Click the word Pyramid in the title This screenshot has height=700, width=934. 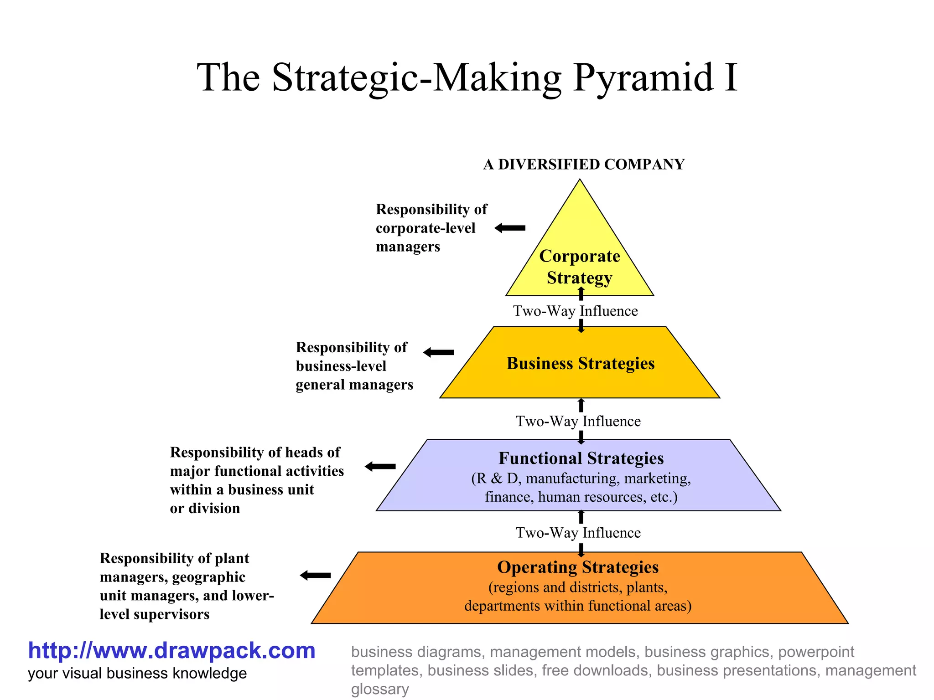tap(643, 78)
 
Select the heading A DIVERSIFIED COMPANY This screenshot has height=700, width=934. tap(584, 165)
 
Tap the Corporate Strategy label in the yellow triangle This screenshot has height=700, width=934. tap(580, 267)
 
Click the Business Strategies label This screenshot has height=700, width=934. tap(581, 364)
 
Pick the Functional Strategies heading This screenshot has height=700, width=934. tap(581, 458)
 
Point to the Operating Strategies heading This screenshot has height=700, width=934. tap(578, 567)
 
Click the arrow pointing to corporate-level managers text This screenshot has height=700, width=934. tap(510, 228)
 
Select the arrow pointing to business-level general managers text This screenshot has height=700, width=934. tap(439, 352)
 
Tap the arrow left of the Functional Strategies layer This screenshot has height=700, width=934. tap(380, 466)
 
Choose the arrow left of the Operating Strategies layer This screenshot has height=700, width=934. tap(315, 575)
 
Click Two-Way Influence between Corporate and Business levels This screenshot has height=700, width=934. tap(576, 311)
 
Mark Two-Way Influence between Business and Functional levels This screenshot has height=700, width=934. tap(578, 422)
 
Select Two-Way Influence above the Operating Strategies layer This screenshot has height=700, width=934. tap(578, 533)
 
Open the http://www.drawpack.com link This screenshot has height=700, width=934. tap(171, 651)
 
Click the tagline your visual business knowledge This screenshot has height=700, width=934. tap(137, 674)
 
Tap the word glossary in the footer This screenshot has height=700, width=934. tap(380, 689)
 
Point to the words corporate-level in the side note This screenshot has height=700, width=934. tap(425, 228)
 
